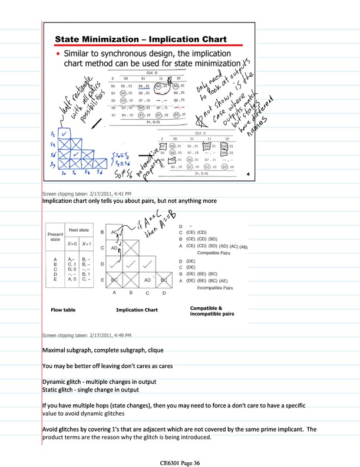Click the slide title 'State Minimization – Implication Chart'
coord(141,40)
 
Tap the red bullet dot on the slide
coord(58,54)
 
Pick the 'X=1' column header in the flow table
coord(88,243)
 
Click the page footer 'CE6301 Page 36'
coord(180,463)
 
